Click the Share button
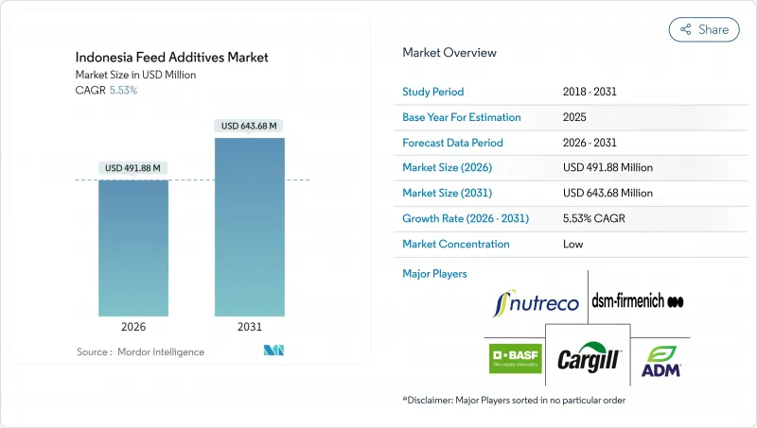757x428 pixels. coord(704,29)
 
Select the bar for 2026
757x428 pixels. coord(133,248)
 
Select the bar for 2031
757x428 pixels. coord(250,227)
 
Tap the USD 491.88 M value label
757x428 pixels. coord(133,168)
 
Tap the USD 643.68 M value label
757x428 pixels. coord(250,126)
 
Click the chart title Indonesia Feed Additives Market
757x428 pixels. coord(172,58)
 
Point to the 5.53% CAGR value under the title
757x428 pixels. coord(123,90)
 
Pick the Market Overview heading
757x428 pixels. coord(449,53)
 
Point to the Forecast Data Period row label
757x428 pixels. coord(452,143)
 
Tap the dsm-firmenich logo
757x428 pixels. coord(637,301)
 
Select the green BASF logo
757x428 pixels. coord(515,359)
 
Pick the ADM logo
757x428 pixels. coord(661,361)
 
